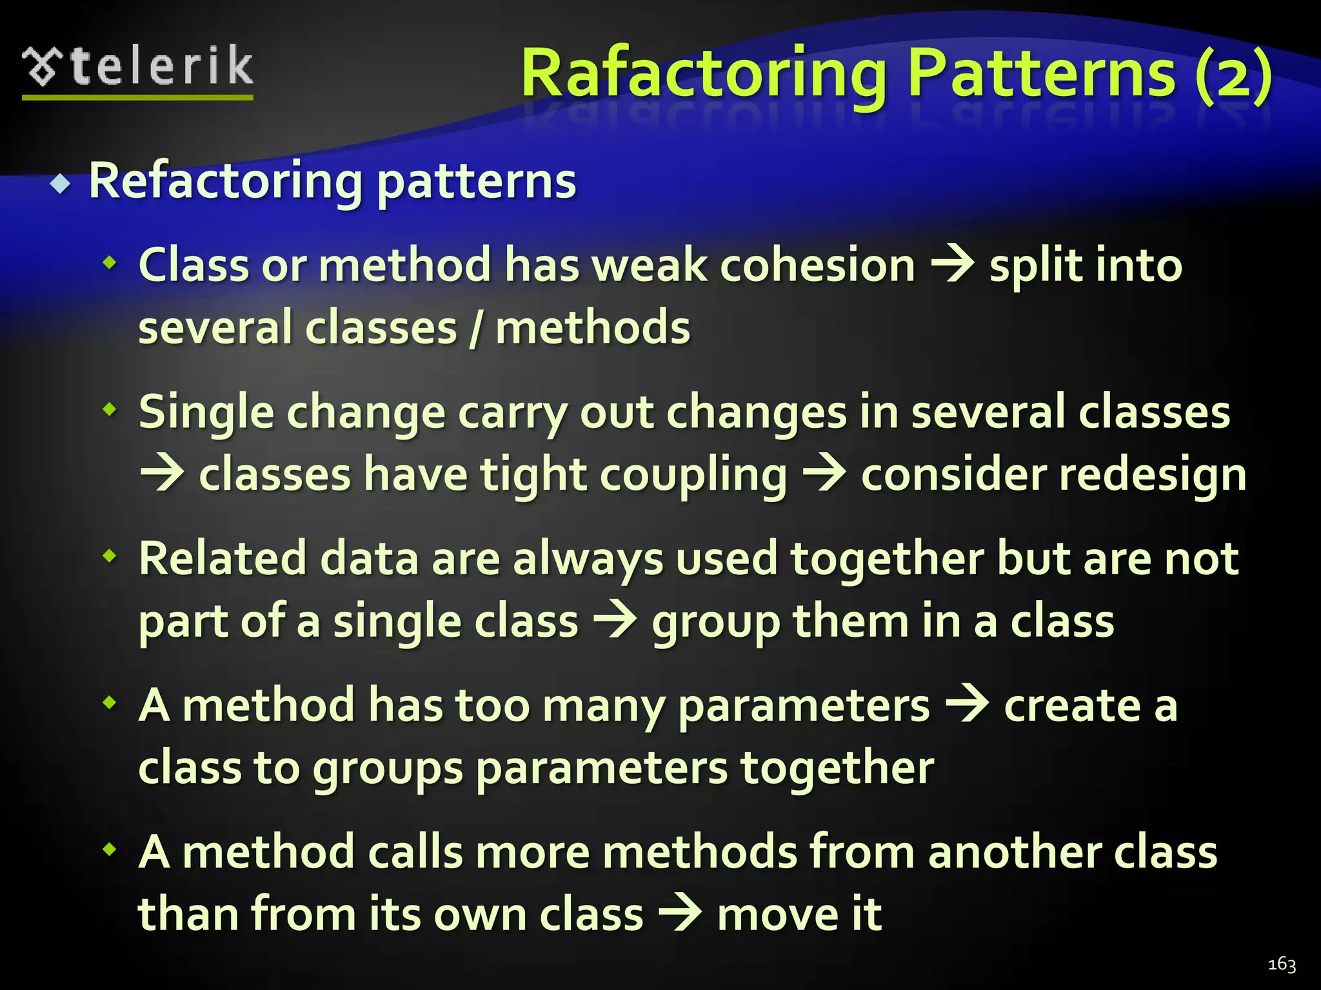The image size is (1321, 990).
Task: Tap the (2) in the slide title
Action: pos(1233,73)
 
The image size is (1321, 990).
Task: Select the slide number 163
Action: pos(1282,964)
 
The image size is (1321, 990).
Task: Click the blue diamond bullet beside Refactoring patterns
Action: pos(62,184)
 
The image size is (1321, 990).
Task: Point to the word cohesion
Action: pos(817,266)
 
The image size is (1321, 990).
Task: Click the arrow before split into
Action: pos(952,266)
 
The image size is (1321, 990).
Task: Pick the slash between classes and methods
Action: pos(476,327)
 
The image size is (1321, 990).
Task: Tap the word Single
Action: pos(206,412)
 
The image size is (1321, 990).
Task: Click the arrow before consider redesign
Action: pos(824,475)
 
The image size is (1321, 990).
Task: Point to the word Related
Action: pos(223,558)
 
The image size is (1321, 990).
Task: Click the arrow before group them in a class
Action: pos(615,621)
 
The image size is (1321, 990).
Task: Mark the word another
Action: pos(1015,851)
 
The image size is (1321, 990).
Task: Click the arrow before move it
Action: pos(680,914)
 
